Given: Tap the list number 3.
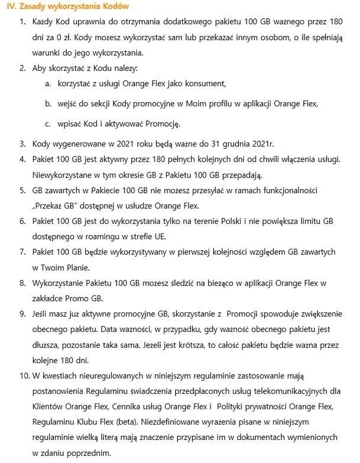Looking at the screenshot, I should (22, 144).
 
